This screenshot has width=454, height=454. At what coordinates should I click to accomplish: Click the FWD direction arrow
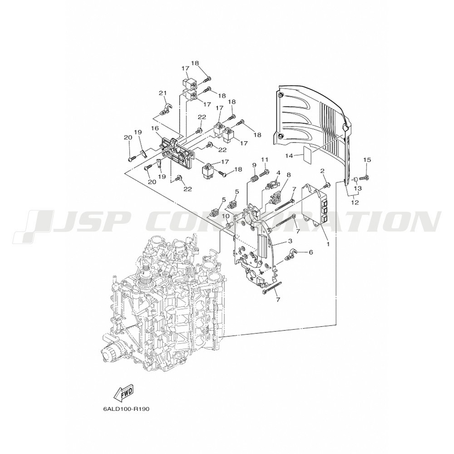click(x=123, y=393)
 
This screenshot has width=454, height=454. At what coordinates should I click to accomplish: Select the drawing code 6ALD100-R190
click(x=126, y=410)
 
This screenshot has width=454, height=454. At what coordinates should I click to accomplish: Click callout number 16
click(x=155, y=128)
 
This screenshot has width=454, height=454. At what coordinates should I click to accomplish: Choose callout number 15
click(x=367, y=159)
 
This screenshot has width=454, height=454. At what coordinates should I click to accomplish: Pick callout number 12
click(x=355, y=202)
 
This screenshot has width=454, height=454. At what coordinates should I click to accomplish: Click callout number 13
click(x=358, y=188)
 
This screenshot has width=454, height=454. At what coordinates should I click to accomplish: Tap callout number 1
click(x=328, y=244)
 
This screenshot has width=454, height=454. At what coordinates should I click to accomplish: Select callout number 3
click(x=290, y=241)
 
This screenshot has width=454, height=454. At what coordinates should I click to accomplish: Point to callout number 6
click(x=311, y=252)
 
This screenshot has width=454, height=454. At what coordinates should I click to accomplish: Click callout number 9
click(x=254, y=165)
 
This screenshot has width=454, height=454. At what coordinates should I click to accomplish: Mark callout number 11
click(x=265, y=159)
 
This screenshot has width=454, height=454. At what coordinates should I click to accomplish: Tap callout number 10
click(x=226, y=216)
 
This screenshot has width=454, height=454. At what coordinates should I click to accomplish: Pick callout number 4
click(x=278, y=173)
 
